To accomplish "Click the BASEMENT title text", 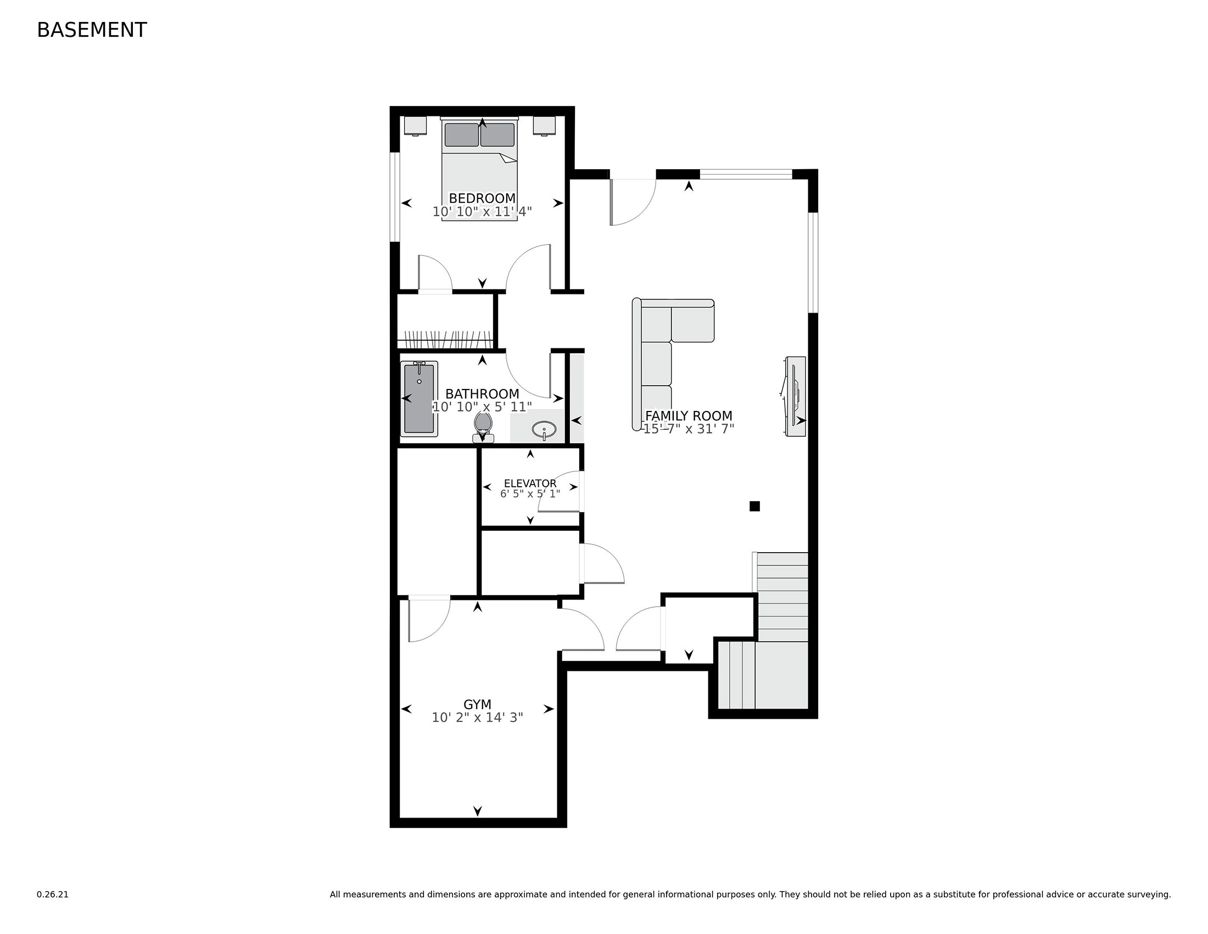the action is tap(92, 30).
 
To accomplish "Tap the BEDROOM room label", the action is tap(482, 198).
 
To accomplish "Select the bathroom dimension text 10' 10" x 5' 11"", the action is tap(482, 407).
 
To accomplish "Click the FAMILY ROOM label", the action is tap(689, 415).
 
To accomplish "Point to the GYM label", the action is tap(477, 704).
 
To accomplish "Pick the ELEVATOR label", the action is tap(530, 483).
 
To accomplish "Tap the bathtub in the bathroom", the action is tap(420, 399).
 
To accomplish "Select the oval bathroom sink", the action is tap(544, 430).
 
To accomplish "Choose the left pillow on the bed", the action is tap(461, 135).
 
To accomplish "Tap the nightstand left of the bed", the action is tap(416, 126).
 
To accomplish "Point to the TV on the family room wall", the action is tap(795, 396).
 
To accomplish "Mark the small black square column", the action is tap(754, 505).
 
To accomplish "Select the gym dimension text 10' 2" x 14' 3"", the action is tap(477, 718).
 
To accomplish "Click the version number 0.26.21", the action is tap(53, 894).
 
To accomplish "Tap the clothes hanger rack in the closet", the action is tap(446, 339).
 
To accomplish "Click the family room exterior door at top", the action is tap(633, 202).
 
